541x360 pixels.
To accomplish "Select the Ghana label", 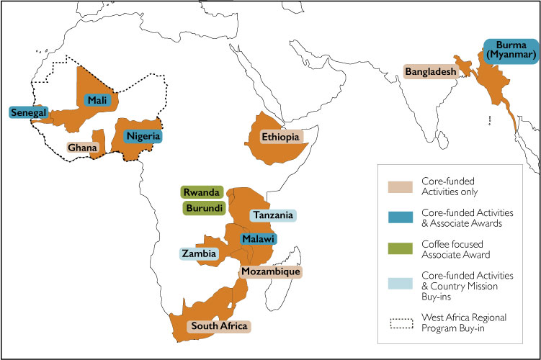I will [82, 147].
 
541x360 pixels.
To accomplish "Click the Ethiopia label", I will [280, 136].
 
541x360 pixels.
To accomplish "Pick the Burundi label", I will [202, 207].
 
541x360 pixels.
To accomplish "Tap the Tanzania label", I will [272, 215].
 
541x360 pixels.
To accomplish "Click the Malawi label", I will [258, 238].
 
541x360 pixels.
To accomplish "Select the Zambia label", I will [199, 253].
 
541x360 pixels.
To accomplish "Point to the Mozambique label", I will [269, 271].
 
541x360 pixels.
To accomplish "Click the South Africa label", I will [218, 326].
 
